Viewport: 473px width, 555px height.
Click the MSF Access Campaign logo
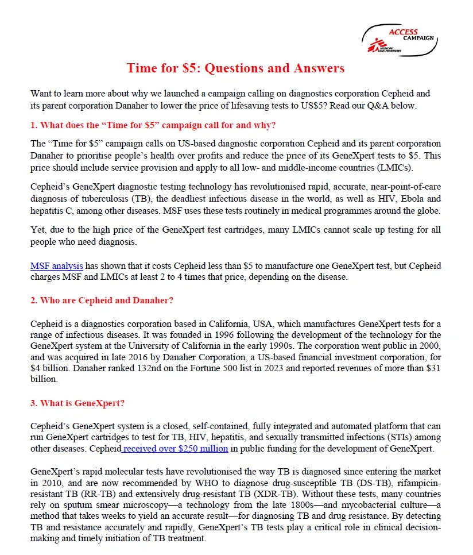400,40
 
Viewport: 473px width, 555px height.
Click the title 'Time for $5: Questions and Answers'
235,68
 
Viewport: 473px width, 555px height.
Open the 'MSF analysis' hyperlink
57,266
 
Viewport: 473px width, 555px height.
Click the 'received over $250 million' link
175,448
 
